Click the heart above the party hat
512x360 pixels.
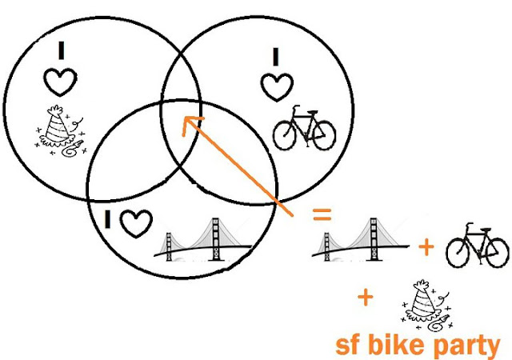point(61,82)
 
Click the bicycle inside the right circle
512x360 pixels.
point(302,129)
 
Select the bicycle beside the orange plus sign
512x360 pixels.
point(477,245)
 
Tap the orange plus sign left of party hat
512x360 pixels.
point(365,298)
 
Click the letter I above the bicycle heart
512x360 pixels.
point(275,55)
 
